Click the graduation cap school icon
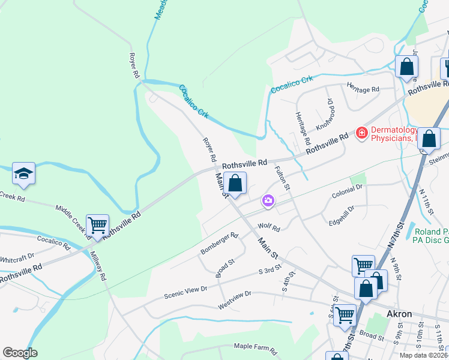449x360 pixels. (x=24, y=173)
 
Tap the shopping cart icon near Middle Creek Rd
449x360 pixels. (x=97, y=226)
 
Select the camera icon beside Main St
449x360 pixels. (x=268, y=202)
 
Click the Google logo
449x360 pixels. (x=20, y=353)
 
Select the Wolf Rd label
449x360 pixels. (x=269, y=228)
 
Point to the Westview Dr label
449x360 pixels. (x=234, y=300)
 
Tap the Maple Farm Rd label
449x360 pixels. (x=255, y=347)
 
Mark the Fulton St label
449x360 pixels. (x=282, y=178)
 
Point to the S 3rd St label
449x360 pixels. (x=270, y=272)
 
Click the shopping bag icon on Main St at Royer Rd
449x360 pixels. (x=236, y=183)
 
